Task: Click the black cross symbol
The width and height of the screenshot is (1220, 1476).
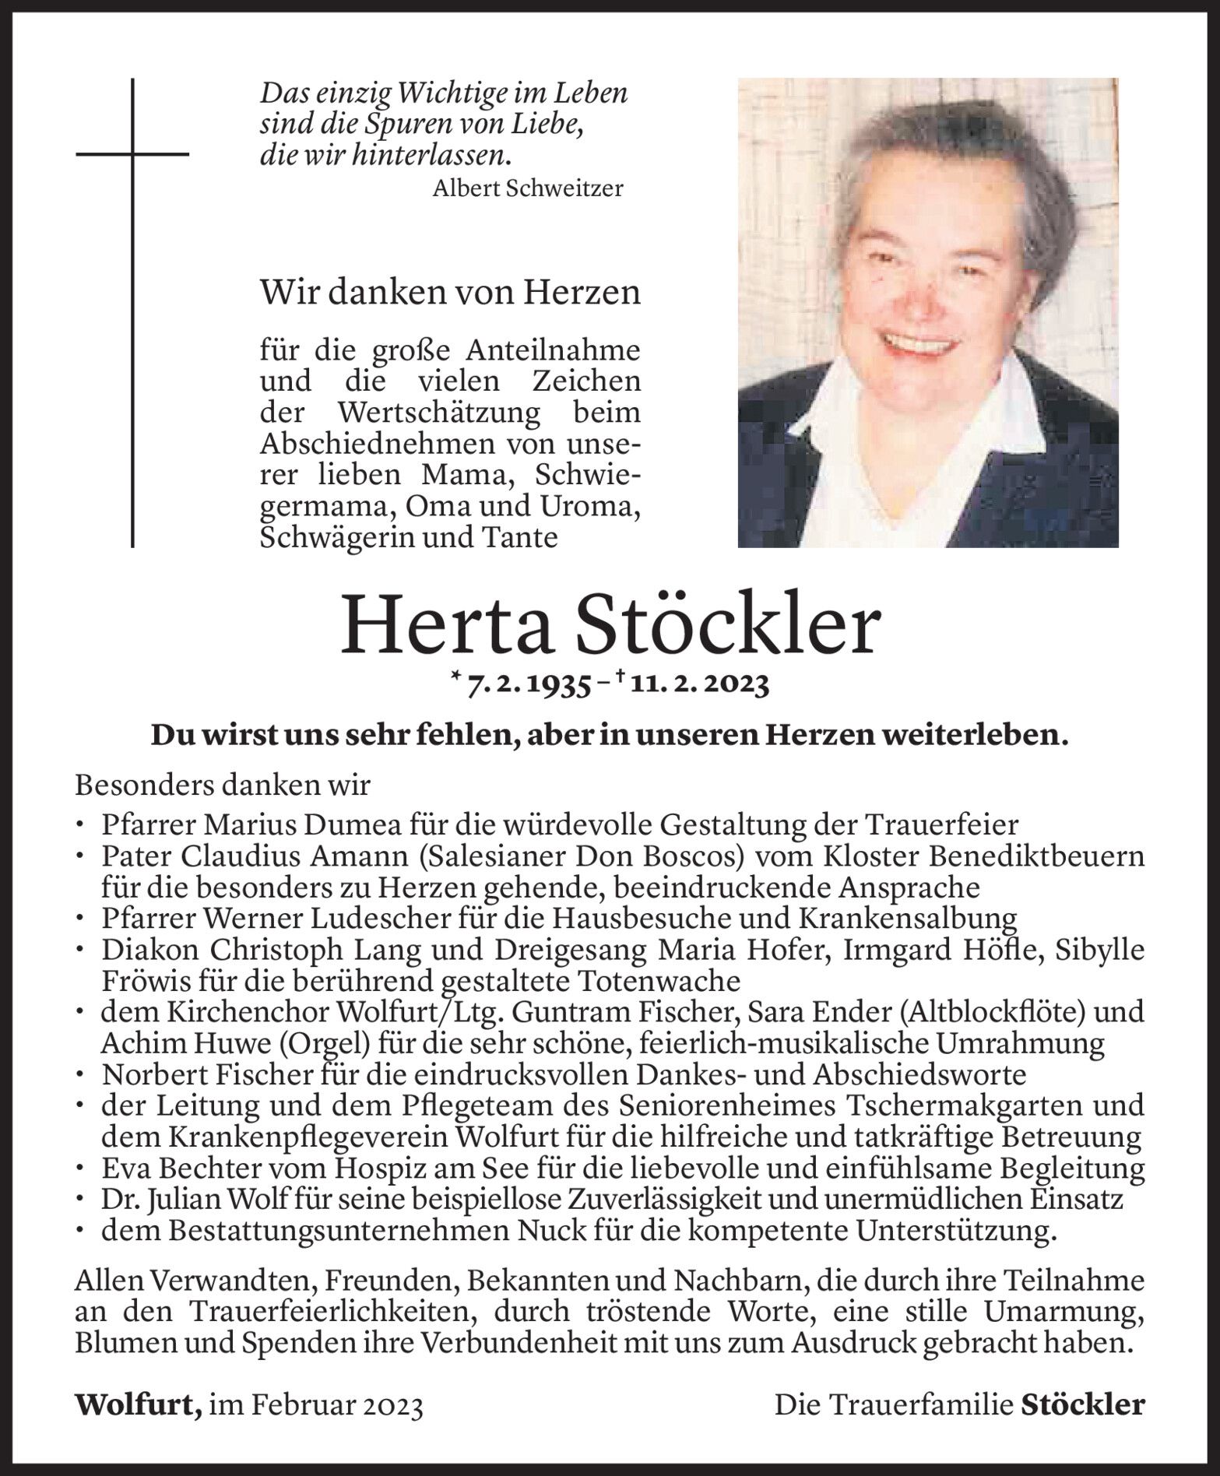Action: pos(133,155)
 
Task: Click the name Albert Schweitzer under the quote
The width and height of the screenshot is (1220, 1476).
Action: pos(528,188)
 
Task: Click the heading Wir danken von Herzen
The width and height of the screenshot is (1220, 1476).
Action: pos(450,293)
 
